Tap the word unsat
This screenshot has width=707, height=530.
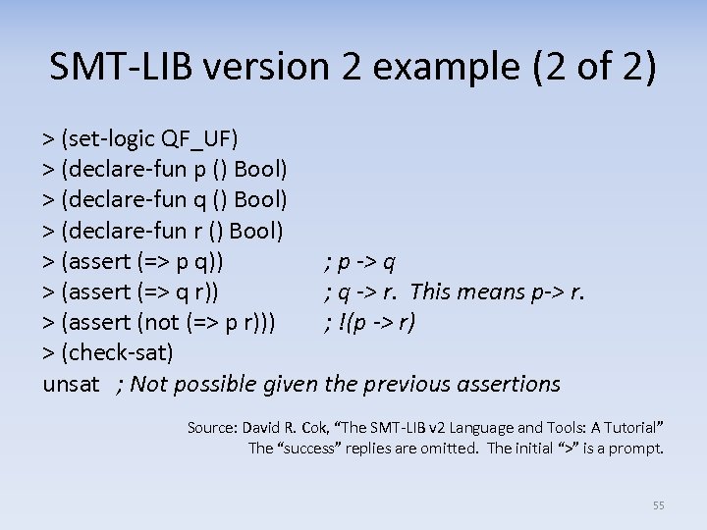tap(71, 383)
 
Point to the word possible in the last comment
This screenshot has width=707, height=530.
tap(217, 383)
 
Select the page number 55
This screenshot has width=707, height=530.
tap(658, 505)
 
